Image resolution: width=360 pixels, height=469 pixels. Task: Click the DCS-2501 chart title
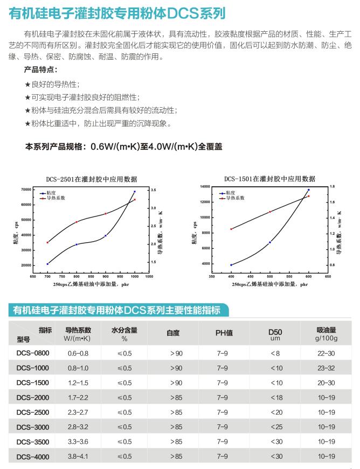tap(91, 179)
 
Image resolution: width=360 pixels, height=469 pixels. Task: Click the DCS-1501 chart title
tap(269, 179)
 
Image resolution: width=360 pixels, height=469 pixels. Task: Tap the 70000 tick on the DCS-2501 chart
tap(26, 190)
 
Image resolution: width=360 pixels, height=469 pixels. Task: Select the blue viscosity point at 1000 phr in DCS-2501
tap(135, 192)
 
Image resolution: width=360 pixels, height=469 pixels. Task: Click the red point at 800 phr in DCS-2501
tap(77, 222)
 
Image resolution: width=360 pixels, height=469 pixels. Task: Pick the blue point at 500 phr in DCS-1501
tap(269, 242)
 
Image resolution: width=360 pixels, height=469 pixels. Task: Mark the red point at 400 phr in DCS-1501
tap(231, 229)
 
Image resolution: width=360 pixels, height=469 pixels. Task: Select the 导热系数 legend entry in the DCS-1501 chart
tap(232, 198)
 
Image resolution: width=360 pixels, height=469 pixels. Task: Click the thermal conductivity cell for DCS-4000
tap(78, 457)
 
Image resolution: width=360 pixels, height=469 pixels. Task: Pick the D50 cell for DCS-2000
tap(275, 398)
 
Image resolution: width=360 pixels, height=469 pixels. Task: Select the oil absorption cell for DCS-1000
tap(327, 368)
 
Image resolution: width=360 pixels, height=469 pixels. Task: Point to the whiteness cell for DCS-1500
tap(176, 383)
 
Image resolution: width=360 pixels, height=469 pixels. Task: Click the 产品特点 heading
tap(40, 70)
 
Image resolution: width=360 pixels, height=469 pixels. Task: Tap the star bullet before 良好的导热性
tap(27, 85)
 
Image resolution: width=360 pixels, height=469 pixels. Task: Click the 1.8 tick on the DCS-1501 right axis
tap(333, 186)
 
